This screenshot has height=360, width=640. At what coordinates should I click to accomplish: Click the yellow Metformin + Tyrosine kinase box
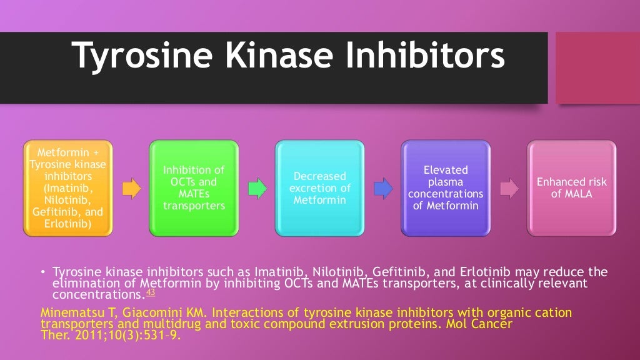pos(68,188)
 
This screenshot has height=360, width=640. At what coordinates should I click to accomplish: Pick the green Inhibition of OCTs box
pos(194,188)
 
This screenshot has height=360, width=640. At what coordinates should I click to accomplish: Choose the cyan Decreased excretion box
pos(319,188)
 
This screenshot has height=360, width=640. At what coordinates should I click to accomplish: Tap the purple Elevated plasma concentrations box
pos(446,188)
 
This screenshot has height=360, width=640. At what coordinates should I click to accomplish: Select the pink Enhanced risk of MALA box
pos(571,188)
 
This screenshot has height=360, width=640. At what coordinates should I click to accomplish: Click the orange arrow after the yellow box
pos(131,187)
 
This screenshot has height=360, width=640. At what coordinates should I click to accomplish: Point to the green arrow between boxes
pos(257,187)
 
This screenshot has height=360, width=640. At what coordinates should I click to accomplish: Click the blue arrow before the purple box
pos(382,187)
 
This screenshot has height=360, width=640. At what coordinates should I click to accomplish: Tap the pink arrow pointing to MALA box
pos(509,187)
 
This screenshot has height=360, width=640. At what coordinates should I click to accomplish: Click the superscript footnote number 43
pos(151,292)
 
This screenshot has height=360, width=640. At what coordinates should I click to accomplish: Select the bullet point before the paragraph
pos(43,272)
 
